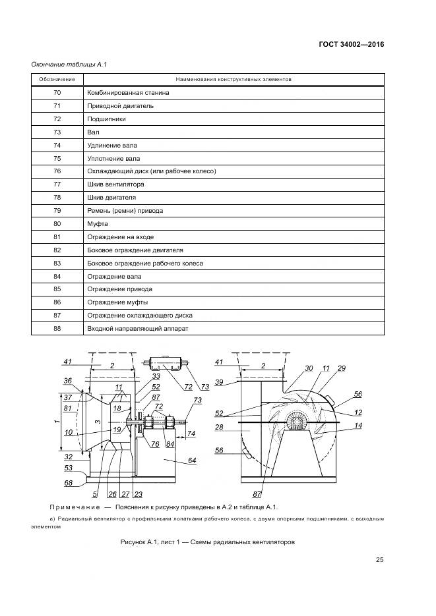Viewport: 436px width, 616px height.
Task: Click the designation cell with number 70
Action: coord(57,93)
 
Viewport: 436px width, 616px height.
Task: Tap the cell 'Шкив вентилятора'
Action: coord(115,184)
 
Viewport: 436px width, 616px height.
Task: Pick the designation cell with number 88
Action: coord(57,329)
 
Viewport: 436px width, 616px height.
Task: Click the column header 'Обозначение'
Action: coord(57,79)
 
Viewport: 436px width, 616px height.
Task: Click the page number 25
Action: coord(379,560)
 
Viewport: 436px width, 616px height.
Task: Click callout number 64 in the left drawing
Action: coord(192,461)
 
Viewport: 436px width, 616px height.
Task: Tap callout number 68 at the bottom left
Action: coord(68,484)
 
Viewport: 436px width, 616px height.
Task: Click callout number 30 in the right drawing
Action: coord(309,368)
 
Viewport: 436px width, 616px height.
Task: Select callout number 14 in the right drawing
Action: coord(358,426)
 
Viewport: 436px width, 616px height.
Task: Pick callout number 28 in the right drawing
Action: coord(218,428)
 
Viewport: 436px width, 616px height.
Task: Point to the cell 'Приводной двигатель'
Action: coord(120,106)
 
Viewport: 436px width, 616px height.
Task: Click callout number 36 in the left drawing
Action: coord(68,381)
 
